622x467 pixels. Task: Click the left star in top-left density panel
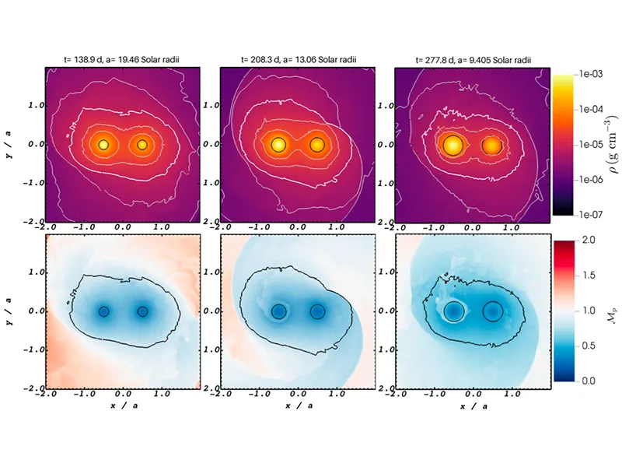click(x=103, y=145)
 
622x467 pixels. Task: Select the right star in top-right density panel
click(x=491, y=145)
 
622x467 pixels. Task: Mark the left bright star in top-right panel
click(x=452, y=145)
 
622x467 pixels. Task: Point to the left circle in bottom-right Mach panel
click(x=453, y=311)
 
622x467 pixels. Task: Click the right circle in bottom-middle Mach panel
click(x=317, y=311)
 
